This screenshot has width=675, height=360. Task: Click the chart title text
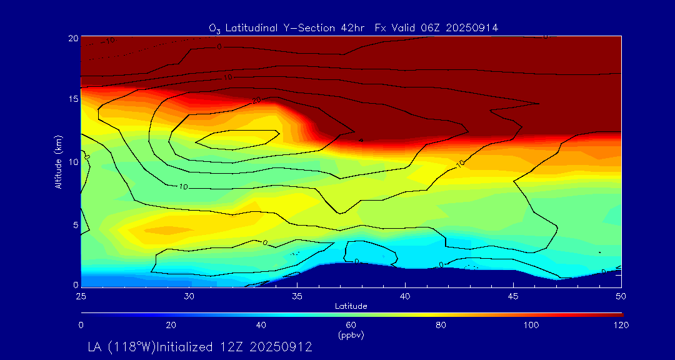click(x=353, y=27)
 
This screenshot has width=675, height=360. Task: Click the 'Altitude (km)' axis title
click(x=58, y=162)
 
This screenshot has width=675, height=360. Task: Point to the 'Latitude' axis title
click(x=351, y=306)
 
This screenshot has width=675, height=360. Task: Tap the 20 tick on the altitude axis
click(x=72, y=37)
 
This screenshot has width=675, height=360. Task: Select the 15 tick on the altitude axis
click(x=72, y=99)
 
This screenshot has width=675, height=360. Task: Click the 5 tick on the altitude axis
click(x=75, y=224)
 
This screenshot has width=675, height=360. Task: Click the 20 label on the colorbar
click(x=171, y=325)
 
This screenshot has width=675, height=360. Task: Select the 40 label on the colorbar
click(x=261, y=325)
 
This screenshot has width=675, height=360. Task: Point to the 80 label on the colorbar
click(x=441, y=325)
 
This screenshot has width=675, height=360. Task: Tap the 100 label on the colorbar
click(x=531, y=325)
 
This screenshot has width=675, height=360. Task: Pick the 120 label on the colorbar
click(x=621, y=325)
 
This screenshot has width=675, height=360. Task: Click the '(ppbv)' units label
click(x=351, y=335)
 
